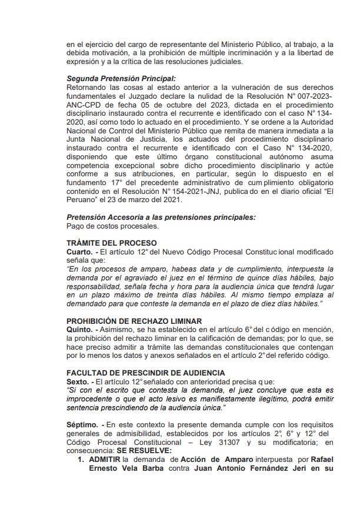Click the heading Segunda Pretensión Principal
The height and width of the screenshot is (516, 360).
[121, 78]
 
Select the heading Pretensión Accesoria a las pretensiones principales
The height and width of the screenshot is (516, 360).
[161, 217]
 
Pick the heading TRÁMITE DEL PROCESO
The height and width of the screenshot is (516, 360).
[112, 243]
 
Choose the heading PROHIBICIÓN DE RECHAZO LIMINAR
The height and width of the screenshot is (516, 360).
[134, 321]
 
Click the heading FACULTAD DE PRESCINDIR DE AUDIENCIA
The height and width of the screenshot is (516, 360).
[145, 373]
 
